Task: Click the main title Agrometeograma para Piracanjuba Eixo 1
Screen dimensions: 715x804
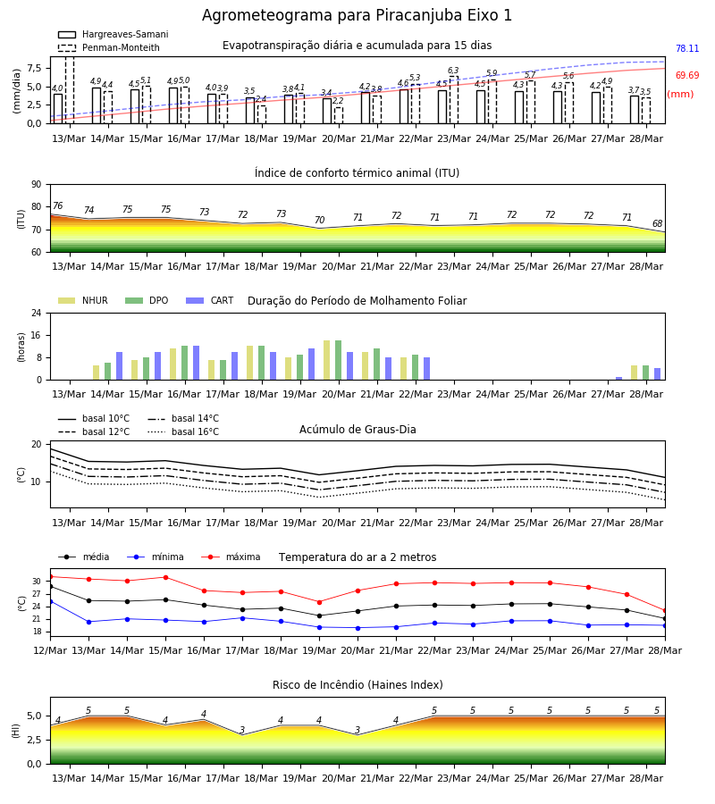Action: coord(357,15)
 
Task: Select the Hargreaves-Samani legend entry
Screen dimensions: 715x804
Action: coord(113,34)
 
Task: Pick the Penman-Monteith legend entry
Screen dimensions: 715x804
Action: coord(109,47)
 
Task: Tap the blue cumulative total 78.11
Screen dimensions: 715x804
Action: coord(687,49)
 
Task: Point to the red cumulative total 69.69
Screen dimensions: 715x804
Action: coord(687,75)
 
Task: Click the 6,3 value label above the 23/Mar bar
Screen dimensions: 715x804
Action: coord(453,71)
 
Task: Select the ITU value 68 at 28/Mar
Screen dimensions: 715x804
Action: coord(657,223)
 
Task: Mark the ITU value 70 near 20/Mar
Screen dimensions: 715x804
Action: coord(320,220)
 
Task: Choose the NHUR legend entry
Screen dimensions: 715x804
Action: coord(83,300)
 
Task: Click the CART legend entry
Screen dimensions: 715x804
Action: coord(210,300)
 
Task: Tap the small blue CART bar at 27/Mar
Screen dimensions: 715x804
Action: coord(619,379)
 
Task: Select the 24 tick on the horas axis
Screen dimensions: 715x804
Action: coord(37,314)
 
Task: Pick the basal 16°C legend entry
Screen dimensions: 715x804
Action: coord(183,431)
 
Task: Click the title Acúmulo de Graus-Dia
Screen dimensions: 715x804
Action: coord(357,429)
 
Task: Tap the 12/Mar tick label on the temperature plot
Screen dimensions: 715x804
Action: coord(50,650)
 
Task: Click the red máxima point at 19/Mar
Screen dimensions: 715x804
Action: coord(320,602)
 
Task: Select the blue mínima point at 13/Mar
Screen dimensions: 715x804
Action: coord(88,622)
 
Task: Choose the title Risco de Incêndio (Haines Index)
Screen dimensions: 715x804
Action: coord(357,685)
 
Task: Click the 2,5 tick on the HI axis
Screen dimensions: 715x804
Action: coord(35,740)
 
